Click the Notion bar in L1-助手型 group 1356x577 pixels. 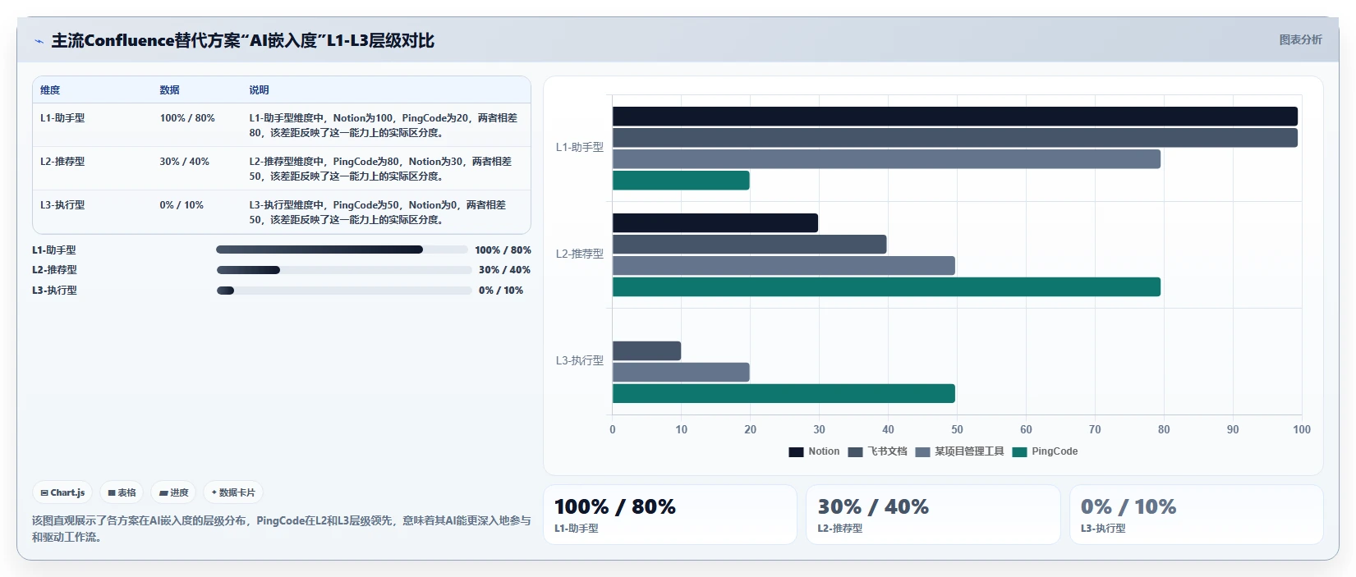954,116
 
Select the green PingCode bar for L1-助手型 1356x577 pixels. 681,181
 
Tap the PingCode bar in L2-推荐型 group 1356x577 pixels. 886,286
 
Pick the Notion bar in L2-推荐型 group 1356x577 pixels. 715,222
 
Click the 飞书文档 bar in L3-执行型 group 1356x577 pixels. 646,350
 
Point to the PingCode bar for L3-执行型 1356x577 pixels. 784,393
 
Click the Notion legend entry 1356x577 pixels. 814,451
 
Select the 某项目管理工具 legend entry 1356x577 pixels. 959,451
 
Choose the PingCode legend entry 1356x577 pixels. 1045,451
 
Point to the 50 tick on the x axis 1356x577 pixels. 957,429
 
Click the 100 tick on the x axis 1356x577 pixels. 1302,429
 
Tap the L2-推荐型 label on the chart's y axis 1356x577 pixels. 579,254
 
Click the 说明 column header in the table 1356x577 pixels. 259,90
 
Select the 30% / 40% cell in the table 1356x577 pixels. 185,162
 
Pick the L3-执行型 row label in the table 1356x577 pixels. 62,205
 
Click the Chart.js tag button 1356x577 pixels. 62,492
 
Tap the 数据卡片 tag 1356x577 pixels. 233,492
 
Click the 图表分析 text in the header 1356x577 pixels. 1300,40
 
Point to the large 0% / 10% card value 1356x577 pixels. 1128,506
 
